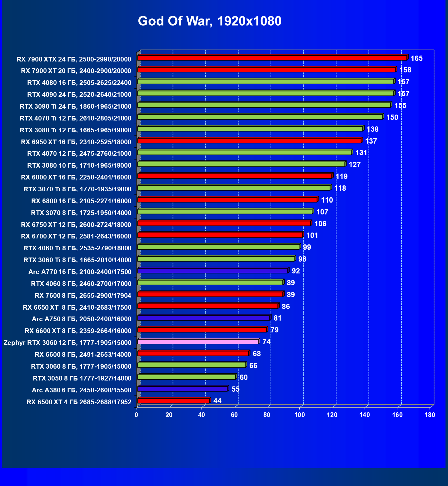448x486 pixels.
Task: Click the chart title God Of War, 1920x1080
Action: pos(210,21)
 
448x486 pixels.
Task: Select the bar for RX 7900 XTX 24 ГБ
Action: pos(272,58)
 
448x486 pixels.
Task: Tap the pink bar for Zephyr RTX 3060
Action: pos(198,341)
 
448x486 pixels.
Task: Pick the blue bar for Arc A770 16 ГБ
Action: pos(212,271)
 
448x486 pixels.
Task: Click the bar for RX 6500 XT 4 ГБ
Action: pos(173,400)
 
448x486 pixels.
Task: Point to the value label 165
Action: pos(416,58)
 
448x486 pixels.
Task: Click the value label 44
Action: pos(217,401)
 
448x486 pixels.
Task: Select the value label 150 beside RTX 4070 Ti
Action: pos(392,117)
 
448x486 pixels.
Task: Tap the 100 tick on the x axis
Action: pos(299,415)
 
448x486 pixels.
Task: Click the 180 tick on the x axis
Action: pos(430,415)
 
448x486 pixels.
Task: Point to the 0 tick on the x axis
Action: pos(137,415)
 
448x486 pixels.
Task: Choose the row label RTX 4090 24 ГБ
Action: pos(79,94)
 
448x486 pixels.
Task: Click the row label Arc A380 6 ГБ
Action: pos(82,390)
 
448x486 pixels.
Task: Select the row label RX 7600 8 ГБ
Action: pos(83,295)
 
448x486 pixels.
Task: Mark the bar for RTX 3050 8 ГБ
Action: pos(187,377)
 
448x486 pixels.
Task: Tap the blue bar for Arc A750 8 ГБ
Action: pos(203,318)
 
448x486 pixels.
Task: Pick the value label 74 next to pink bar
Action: pos(266,342)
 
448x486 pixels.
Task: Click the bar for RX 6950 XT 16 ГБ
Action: pos(249,140)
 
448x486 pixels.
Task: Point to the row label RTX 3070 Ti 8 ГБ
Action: pos(77,189)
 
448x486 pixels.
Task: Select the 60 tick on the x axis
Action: pos(234,415)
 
